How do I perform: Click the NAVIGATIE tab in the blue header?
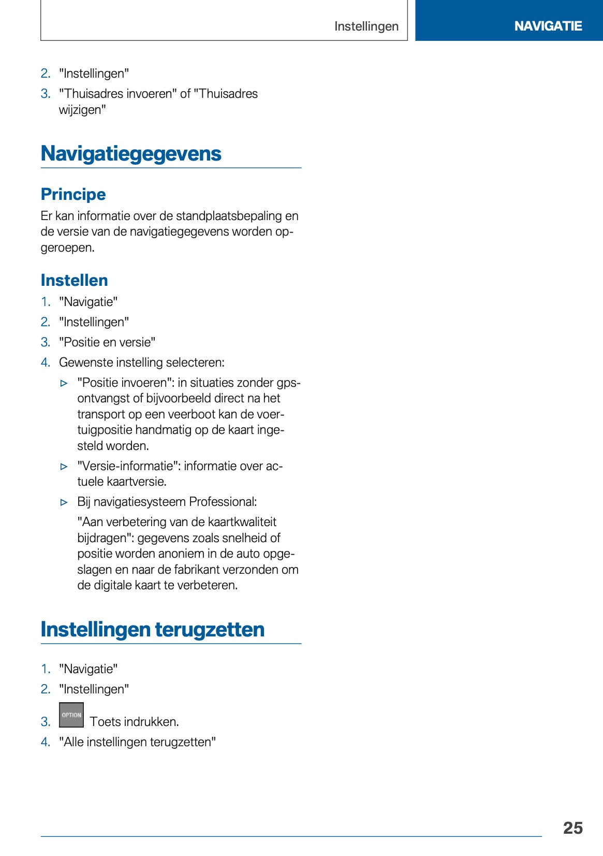pos(548,26)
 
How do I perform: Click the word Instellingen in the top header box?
pos(366,26)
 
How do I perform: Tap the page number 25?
pos(572,828)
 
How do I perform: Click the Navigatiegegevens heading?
pos(131,154)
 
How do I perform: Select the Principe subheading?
pos(73,194)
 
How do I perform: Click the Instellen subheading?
pos(74,280)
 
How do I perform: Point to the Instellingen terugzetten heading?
pos(152,629)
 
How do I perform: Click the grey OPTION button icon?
pos(71,715)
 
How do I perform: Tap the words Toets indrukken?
pos(134,721)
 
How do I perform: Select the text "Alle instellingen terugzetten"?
pos(137,742)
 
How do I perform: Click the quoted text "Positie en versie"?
pos(107,342)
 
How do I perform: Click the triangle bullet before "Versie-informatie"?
pos(64,467)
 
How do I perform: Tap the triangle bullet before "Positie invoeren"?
pos(64,383)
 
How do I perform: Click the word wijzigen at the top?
pos(82,110)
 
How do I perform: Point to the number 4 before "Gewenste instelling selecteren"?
pos(46,362)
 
